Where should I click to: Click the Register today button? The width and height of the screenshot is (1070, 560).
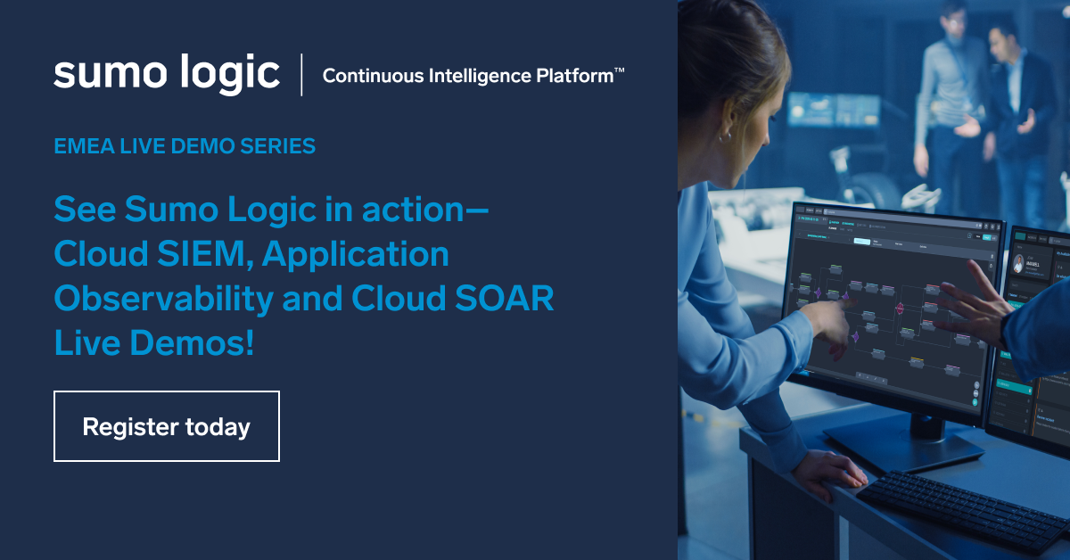coord(167,426)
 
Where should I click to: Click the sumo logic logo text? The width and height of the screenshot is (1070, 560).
coord(167,73)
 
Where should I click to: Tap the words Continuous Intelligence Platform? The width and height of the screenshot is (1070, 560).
coord(464,76)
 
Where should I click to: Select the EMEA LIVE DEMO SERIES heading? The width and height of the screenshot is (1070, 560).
coord(185,145)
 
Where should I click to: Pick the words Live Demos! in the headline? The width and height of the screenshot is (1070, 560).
coord(154,342)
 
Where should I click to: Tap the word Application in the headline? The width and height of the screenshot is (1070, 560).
coord(356,255)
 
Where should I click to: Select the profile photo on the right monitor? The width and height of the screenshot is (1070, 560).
coord(1019,263)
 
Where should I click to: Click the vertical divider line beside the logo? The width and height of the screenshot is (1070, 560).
coord(301,74)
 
